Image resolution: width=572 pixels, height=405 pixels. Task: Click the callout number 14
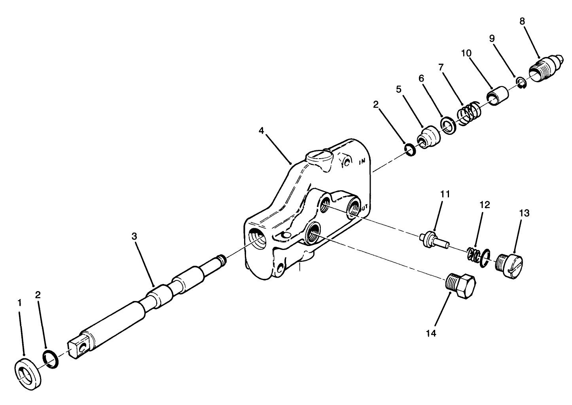tap(431, 333)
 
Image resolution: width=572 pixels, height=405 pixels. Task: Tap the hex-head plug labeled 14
tap(460, 285)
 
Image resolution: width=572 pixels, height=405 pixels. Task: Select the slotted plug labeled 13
tap(510, 267)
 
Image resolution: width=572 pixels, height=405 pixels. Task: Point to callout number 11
tap(445, 194)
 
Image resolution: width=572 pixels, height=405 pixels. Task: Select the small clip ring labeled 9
tap(521, 83)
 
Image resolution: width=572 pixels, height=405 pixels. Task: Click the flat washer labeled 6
tap(449, 126)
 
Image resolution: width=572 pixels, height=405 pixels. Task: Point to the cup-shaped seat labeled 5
tap(428, 139)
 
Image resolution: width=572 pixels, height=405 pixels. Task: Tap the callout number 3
tap(134, 237)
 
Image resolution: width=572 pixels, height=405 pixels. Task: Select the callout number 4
tap(261, 130)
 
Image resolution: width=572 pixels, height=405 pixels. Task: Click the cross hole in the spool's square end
tap(83, 347)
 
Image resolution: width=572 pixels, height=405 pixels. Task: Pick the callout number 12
tap(485, 205)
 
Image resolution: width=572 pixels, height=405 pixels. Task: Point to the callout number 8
tap(522, 21)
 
